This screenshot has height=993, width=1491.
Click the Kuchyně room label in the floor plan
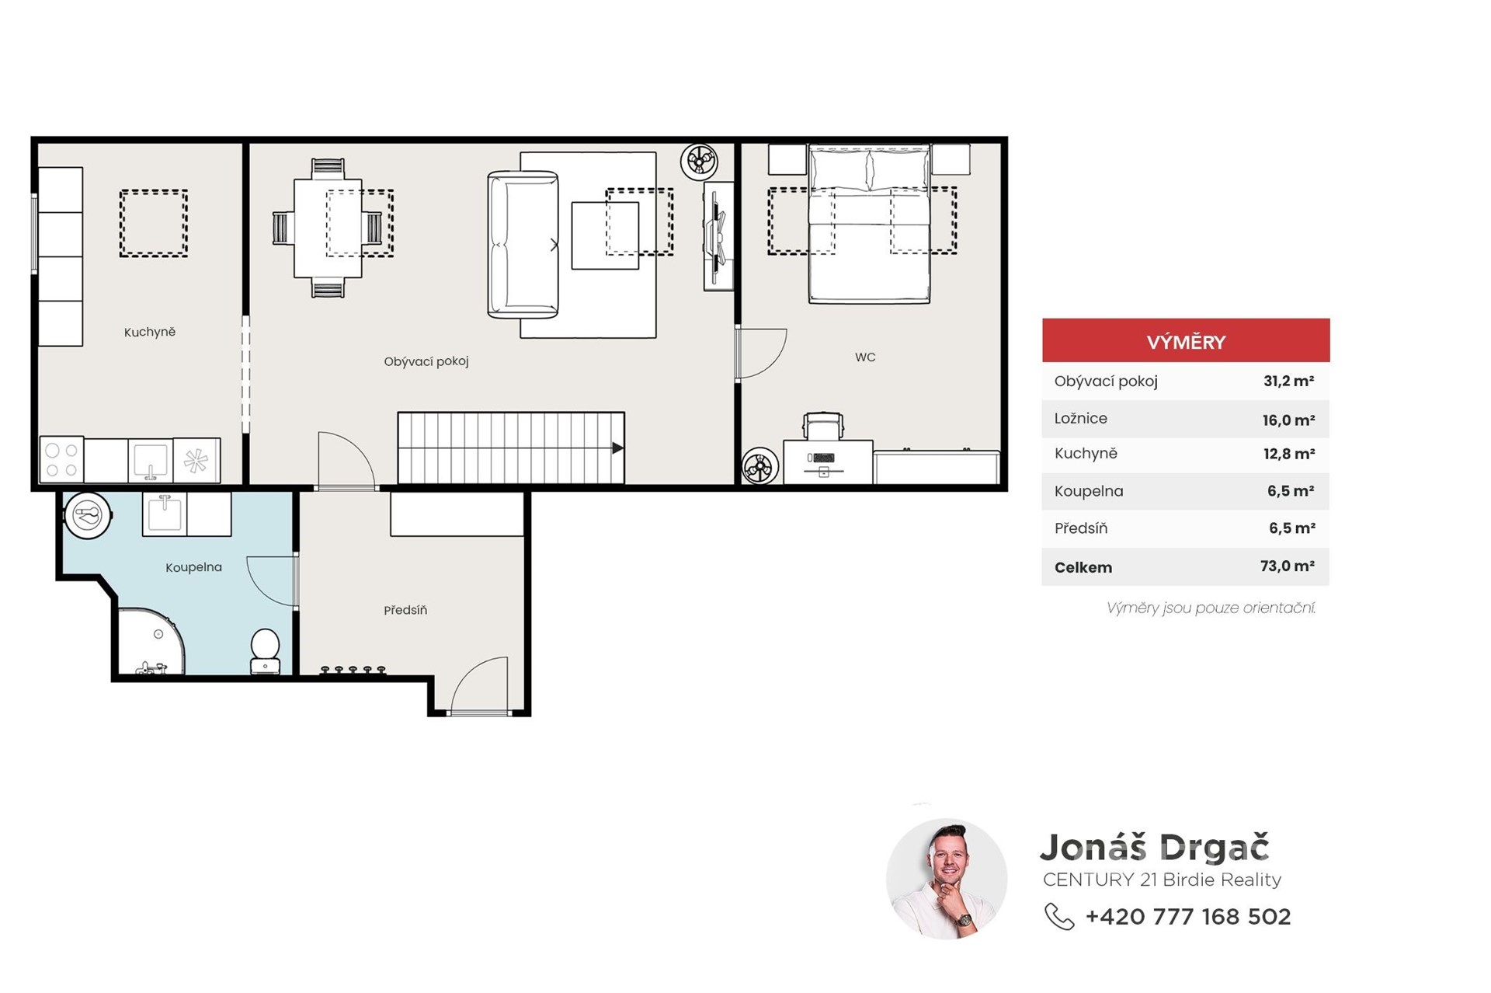tap(150, 332)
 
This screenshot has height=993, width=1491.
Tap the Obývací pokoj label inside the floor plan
tap(426, 361)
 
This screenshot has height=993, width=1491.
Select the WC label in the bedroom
tap(865, 357)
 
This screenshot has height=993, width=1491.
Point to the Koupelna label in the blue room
tap(193, 567)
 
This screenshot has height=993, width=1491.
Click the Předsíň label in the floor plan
tap(405, 610)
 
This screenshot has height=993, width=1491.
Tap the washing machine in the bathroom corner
tap(88, 515)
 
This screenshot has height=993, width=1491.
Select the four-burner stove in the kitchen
tap(62, 460)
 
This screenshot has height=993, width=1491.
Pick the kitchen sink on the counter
tap(151, 461)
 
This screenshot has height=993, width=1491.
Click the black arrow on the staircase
tap(617, 448)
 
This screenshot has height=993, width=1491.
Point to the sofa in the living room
tap(523, 245)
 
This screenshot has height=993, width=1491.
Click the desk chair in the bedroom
tap(823, 427)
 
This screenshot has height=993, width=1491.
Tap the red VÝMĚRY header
tap(1186, 340)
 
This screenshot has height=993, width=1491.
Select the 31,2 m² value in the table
tap(1289, 381)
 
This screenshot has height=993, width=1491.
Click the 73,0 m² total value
tap(1288, 566)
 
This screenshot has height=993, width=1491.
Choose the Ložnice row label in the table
tap(1081, 418)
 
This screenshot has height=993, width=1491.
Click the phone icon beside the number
tap(1059, 917)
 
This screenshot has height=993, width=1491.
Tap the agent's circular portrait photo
tap(947, 879)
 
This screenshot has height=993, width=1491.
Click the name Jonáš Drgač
tap(1155, 847)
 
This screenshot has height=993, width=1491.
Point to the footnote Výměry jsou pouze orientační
tap(1211, 608)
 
